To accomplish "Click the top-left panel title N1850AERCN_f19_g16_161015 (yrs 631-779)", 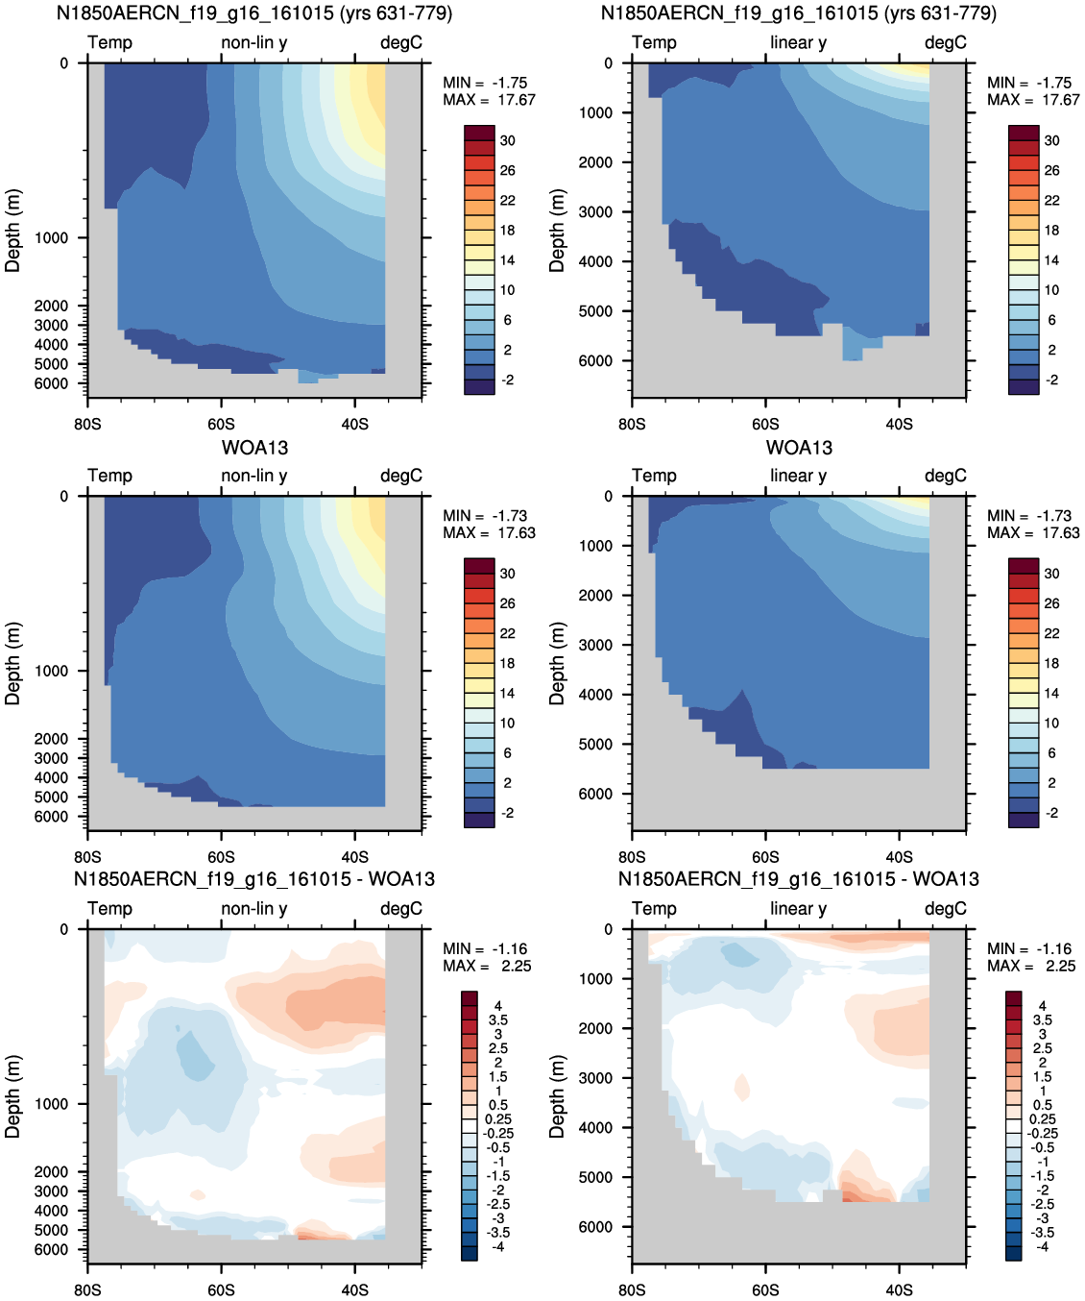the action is coord(254,12).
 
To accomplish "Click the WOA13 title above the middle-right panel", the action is coord(799,448).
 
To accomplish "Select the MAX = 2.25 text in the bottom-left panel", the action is coord(487,966).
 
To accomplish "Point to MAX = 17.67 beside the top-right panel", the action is coord(1033,100).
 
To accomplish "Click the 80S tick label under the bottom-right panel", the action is coord(632,1290).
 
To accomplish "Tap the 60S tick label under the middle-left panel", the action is coord(221,857).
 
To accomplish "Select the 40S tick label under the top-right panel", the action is coord(899,425).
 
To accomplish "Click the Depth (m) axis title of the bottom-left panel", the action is coord(12,1096).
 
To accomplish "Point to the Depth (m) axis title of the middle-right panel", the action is coord(557,664).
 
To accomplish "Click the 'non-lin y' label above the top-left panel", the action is coord(254,42).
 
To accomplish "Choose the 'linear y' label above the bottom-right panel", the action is coord(799,909).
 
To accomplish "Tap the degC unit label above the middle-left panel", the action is coord(401,476).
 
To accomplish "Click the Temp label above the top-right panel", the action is coord(654,42).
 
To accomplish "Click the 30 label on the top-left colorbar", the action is coord(508,141).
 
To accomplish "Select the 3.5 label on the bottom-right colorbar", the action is coord(1042,1020).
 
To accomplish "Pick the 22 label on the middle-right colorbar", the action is coord(1052,633).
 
